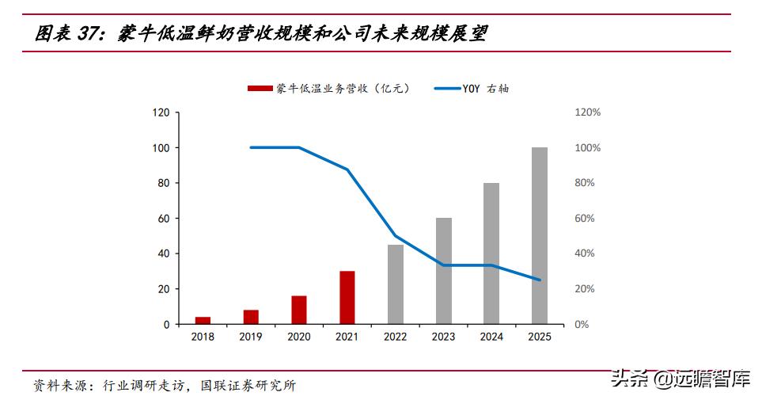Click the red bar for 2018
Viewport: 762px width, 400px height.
click(x=203, y=321)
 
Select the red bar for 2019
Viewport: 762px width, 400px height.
click(x=251, y=317)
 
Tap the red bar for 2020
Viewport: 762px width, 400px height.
click(x=298, y=310)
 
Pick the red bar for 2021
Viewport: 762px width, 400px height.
click(x=347, y=298)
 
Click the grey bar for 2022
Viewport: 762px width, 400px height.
click(x=395, y=284)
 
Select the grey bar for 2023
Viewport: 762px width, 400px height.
click(x=443, y=271)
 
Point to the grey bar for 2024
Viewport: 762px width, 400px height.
click(x=491, y=253)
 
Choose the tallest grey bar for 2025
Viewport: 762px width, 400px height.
click(x=540, y=236)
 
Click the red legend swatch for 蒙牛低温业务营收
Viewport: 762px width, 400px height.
click(x=260, y=89)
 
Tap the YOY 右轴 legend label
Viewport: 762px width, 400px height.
click(x=486, y=89)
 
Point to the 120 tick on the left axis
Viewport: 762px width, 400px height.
click(x=161, y=112)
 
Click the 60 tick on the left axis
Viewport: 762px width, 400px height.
click(x=164, y=219)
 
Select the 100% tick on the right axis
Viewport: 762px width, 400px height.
click(x=587, y=148)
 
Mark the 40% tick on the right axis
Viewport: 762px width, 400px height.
click(x=585, y=254)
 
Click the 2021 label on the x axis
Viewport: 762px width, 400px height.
click(x=347, y=337)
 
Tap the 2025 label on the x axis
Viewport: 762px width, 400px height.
click(x=540, y=337)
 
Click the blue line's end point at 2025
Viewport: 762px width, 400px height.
click(x=540, y=280)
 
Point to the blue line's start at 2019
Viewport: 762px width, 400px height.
click(x=251, y=147)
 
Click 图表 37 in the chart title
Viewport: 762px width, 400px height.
click(x=70, y=34)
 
